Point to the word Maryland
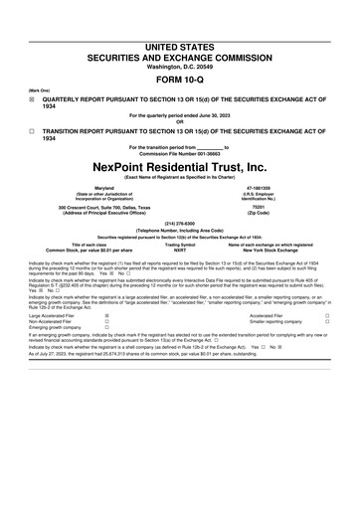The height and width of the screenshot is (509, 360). pos(103,186)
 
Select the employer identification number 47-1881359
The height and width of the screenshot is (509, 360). pos(261,186)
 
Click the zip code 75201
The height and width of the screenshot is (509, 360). pos(261,207)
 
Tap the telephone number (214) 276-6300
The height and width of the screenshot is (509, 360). pos(180,224)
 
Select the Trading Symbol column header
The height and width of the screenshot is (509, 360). pos(180,245)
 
